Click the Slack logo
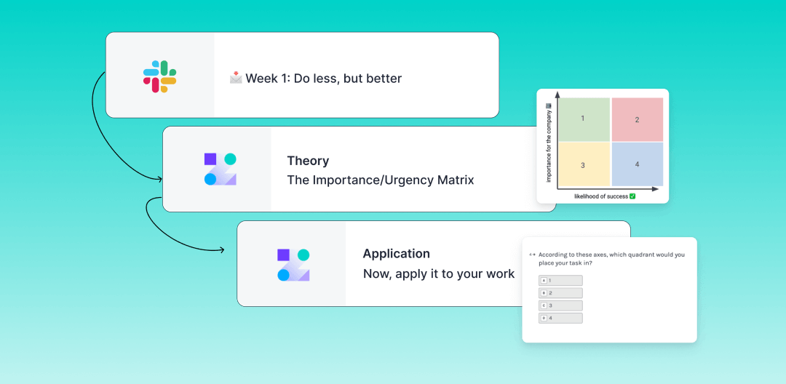pos(159,76)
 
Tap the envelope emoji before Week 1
pos(236,78)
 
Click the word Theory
pos(308,161)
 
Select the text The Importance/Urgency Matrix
pos(380,180)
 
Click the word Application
pos(396,254)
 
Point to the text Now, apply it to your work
pos(439,274)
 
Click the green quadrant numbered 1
pos(584,119)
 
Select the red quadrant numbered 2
pos(637,119)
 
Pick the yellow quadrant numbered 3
pos(584,164)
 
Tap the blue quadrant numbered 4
pos(637,164)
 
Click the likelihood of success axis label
pos(605,196)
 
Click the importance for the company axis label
pos(549,143)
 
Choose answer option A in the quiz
pos(560,281)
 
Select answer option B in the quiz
pos(560,293)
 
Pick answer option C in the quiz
pos(560,305)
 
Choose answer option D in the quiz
pos(560,318)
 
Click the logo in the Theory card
pos(220,169)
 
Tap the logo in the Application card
pos(293,265)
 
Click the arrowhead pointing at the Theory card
pos(160,179)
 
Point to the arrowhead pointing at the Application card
pos(222,249)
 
